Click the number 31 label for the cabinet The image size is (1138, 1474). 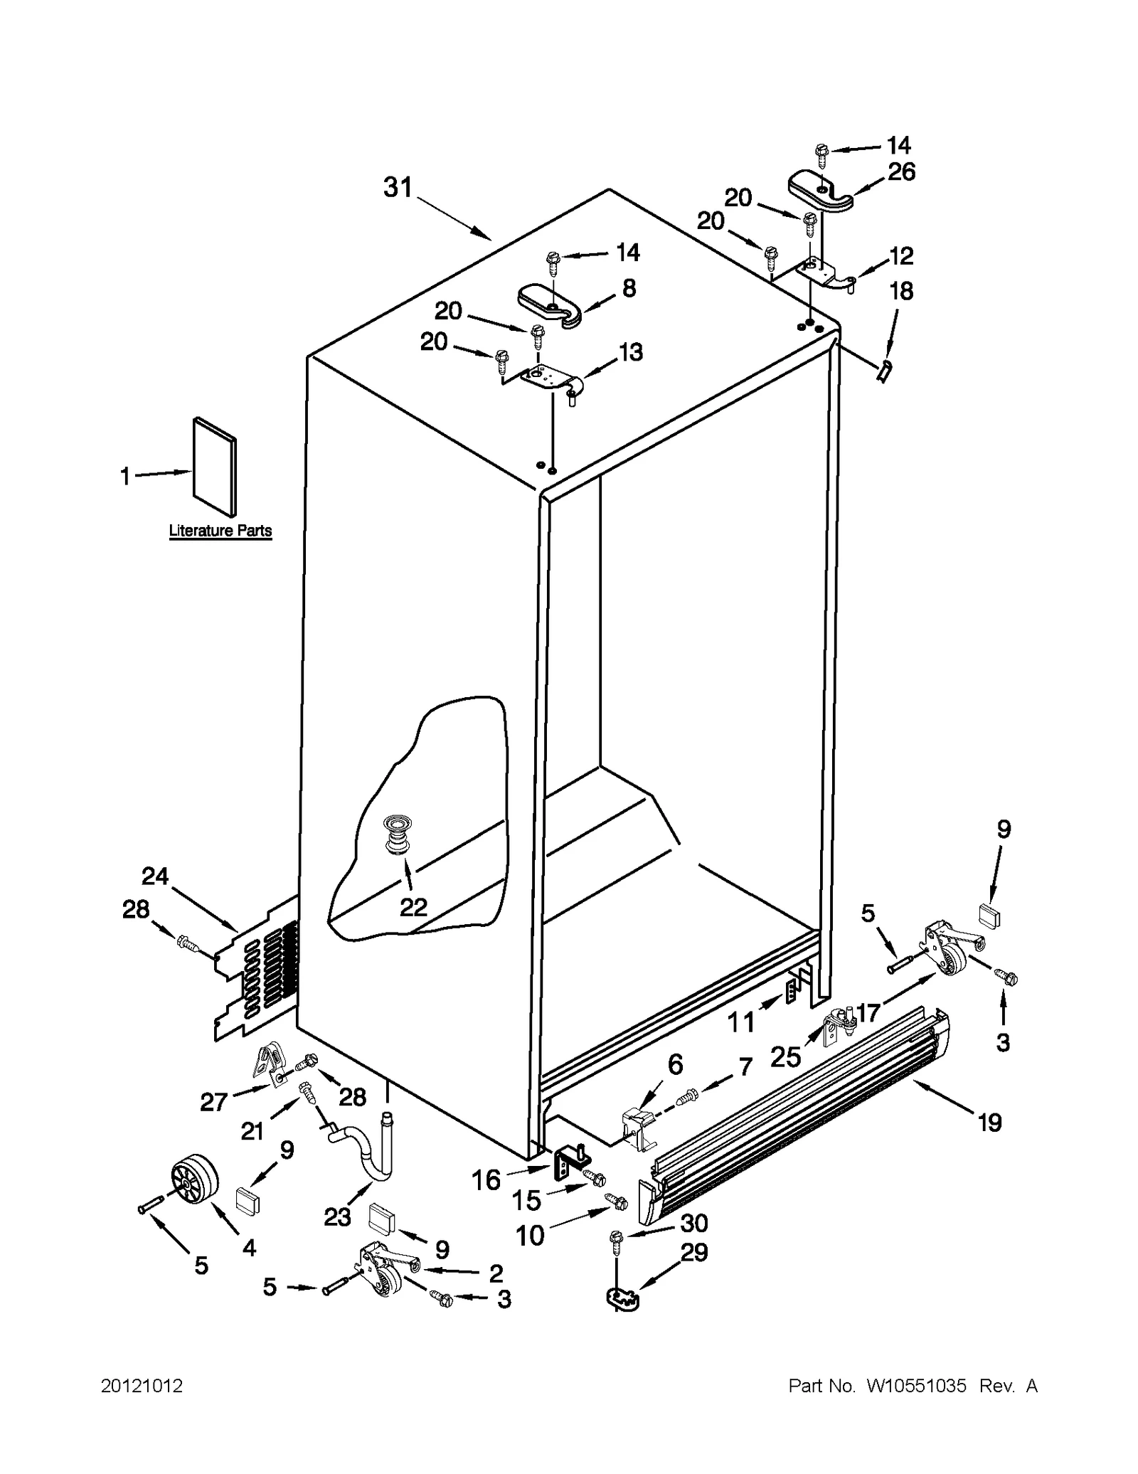click(398, 188)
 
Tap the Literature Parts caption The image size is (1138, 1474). click(220, 531)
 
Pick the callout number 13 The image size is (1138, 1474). click(630, 351)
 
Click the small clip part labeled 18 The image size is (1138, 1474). click(884, 370)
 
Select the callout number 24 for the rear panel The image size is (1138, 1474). click(155, 876)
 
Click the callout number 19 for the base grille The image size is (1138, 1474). click(990, 1123)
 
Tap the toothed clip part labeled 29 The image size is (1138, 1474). click(622, 1299)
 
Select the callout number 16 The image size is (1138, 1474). click(486, 1180)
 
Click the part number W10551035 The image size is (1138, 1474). click(915, 1386)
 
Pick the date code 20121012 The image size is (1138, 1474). click(142, 1386)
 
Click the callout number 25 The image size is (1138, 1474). click(785, 1057)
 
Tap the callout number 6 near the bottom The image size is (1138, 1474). click(675, 1064)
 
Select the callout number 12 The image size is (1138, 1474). click(900, 255)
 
